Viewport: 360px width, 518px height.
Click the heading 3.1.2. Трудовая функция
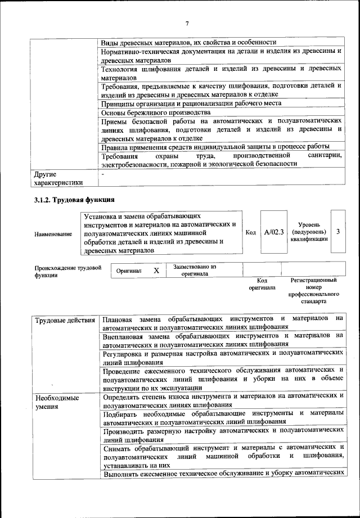[75, 199]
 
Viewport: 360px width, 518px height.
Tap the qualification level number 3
[337, 232]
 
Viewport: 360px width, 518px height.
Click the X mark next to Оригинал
[156, 271]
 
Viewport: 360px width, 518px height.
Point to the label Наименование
[53, 233]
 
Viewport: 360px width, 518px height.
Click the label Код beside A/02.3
[251, 232]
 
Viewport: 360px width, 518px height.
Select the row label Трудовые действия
[65, 321]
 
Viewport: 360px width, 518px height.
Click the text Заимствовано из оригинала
[195, 270]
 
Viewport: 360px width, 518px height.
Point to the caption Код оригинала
[262, 283]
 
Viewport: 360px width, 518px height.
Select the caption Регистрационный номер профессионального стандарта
[313, 290]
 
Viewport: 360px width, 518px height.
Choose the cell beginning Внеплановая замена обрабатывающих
[222, 339]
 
